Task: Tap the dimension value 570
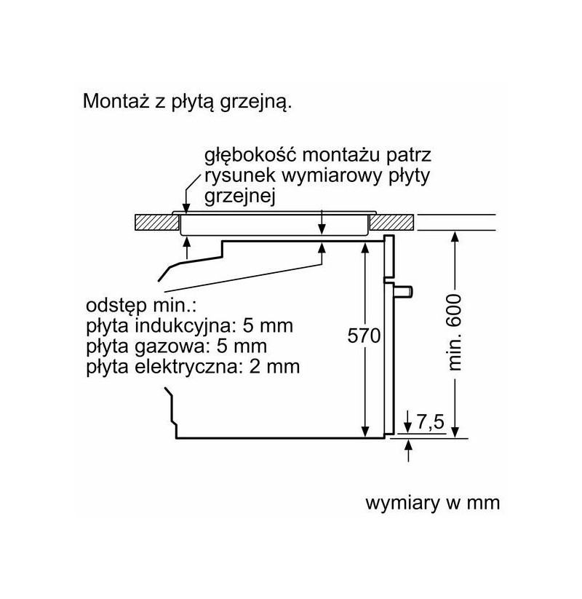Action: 364,336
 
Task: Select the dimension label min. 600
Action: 455,333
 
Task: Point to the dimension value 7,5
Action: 431,422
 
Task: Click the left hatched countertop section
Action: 157,222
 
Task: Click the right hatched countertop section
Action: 392,222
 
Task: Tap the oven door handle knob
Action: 404,291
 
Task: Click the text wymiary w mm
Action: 433,503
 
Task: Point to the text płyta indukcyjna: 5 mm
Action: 189,326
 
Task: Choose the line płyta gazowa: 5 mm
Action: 177,346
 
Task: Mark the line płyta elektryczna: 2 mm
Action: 193,367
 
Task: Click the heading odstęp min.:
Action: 141,306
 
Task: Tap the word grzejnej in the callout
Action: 240,197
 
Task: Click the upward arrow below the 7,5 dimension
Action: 409,451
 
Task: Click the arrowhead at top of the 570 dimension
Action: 365,247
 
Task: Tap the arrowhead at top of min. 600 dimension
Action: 455,237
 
